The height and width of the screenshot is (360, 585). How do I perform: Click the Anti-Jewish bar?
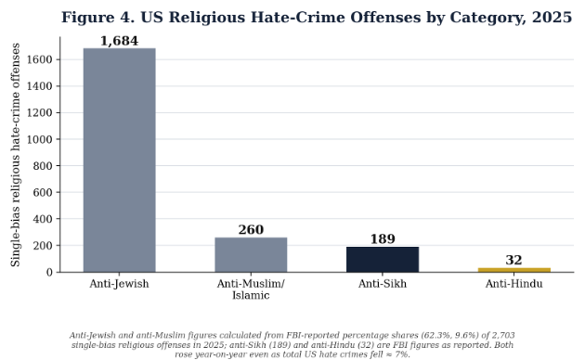click(x=120, y=161)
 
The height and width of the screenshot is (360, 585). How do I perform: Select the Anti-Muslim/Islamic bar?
click(x=251, y=255)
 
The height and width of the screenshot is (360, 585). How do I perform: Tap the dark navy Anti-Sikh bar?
click(x=383, y=260)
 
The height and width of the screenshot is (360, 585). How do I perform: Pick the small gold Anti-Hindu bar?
click(x=514, y=270)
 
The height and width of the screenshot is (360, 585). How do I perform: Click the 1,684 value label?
click(x=120, y=41)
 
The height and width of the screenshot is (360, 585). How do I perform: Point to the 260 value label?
click(x=251, y=229)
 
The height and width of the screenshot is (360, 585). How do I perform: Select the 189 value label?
click(x=383, y=238)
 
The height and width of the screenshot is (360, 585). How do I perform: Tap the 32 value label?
click(x=513, y=260)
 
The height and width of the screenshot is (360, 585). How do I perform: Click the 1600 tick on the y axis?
click(x=40, y=59)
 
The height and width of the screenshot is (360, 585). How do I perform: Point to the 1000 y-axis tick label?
click(x=40, y=139)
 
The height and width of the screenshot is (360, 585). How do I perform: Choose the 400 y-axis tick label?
click(x=43, y=219)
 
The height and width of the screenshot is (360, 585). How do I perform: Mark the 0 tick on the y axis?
click(x=49, y=273)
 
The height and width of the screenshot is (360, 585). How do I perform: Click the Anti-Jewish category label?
click(x=119, y=284)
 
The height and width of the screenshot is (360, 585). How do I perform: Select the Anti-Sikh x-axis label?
click(x=383, y=284)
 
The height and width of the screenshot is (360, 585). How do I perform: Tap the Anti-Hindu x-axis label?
click(x=513, y=284)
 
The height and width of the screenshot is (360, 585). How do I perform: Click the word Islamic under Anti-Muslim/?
click(x=251, y=296)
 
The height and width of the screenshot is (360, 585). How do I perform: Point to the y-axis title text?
click(x=15, y=155)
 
